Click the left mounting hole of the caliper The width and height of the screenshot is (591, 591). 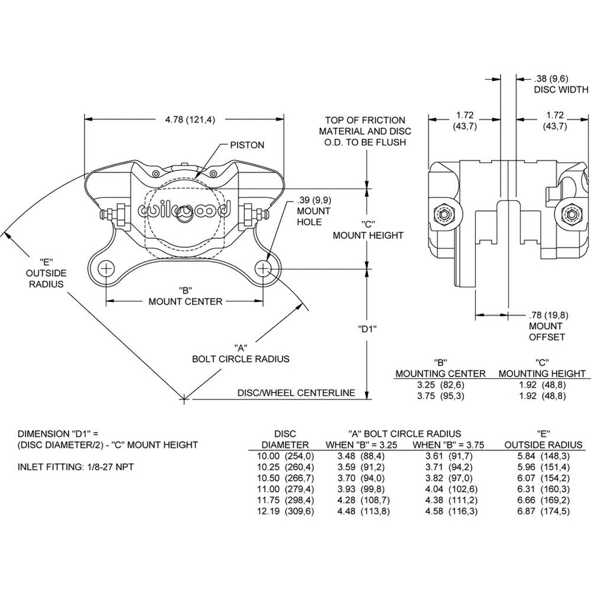(x=106, y=269)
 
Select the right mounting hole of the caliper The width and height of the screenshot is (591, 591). (x=263, y=269)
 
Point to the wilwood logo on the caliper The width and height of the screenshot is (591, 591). (x=185, y=211)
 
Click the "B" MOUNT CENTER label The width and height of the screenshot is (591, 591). (x=185, y=295)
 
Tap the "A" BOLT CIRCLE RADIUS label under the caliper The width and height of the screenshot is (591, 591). (x=241, y=353)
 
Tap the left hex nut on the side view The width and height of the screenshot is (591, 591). (x=443, y=213)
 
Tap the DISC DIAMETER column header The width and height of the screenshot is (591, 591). (x=285, y=439)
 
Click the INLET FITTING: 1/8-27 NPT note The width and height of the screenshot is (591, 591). (x=76, y=467)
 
